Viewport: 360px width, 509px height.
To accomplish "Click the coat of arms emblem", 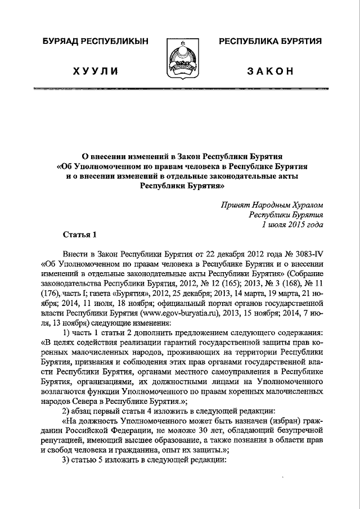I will [180, 61].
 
